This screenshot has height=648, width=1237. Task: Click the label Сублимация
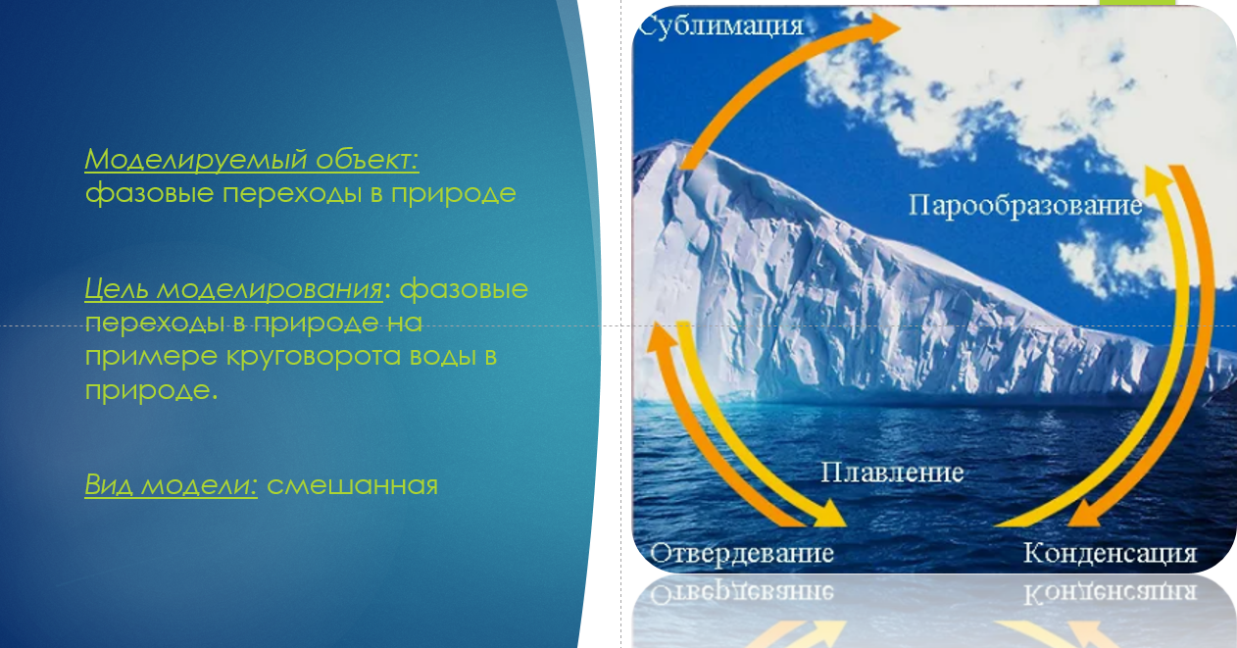pos(721,26)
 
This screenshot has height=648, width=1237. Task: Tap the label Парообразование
pos(1025,206)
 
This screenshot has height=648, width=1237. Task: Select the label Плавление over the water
pos(892,473)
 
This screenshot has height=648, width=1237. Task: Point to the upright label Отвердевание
pos(742,553)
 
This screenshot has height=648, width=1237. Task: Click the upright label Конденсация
pos(1110,553)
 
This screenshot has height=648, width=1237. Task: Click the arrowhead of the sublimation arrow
pos(882,27)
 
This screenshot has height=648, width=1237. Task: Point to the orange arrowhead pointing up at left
pos(661,336)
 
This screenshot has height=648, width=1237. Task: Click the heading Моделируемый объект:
pos(252,159)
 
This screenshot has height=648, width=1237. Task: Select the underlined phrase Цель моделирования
pos(233,289)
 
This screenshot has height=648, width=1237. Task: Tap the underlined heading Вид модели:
pos(172,485)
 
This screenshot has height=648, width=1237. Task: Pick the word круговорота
pos(314,357)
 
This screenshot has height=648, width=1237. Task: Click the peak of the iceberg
pos(673,144)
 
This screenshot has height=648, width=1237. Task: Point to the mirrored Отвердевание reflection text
pos(742,593)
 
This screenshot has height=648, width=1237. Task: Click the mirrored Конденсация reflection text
pos(1110,593)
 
